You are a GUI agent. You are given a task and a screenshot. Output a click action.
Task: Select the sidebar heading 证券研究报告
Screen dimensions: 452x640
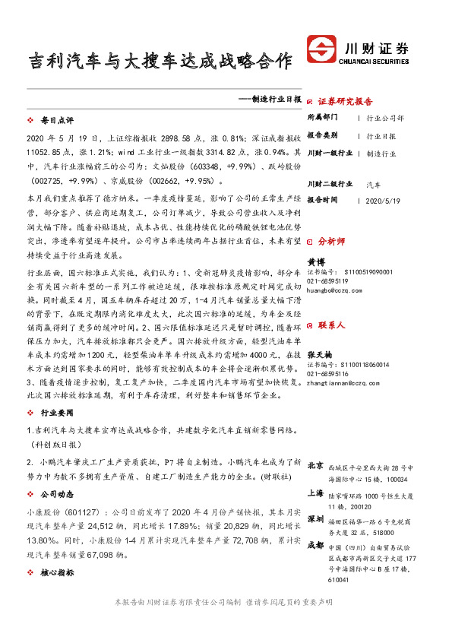pyautogui.click(x=345, y=101)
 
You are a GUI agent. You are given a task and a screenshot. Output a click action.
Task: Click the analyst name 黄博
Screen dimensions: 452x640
pyautogui.click(x=315, y=261)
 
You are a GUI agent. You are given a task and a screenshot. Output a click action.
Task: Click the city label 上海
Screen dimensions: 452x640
pyautogui.click(x=315, y=492)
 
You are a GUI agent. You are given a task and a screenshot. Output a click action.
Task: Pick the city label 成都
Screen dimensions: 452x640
pyautogui.click(x=315, y=544)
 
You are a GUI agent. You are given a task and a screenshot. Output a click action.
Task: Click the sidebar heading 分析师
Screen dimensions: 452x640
pyautogui.click(x=331, y=240)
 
